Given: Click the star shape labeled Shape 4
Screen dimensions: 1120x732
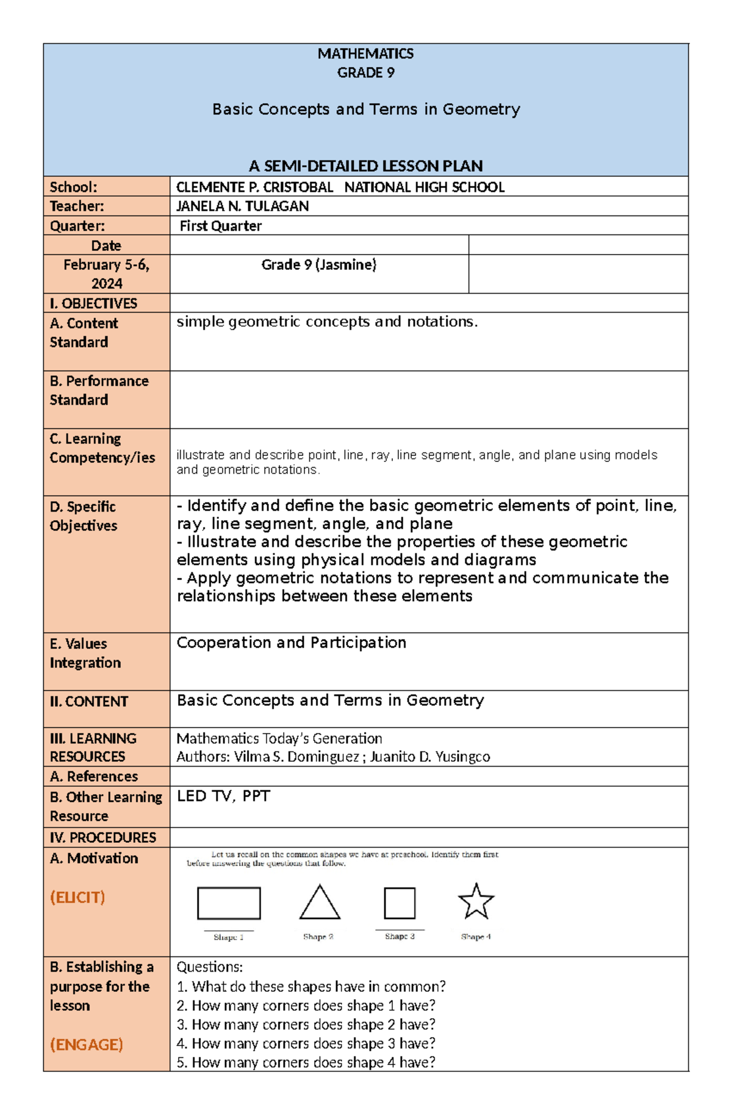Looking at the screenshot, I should (475, 901).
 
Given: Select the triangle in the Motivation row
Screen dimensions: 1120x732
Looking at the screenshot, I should (320, 904).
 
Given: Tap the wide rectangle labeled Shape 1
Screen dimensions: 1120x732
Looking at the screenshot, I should (229, 903).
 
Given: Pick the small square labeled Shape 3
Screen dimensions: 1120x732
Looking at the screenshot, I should (400, 903).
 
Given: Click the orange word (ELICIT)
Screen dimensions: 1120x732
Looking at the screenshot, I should (77, 897).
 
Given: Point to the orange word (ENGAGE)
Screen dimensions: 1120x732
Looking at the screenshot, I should (86, 1044).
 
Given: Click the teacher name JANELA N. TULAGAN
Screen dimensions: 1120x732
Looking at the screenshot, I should (242, 206).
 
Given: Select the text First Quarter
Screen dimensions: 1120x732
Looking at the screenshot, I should (220, 226).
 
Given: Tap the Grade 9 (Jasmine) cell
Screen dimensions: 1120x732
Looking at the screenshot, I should (318, 265).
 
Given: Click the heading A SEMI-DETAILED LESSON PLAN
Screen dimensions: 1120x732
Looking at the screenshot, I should (365, 166).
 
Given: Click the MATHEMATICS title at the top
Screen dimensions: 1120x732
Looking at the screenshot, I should (365, 54).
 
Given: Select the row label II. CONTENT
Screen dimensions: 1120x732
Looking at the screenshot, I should (89, 701).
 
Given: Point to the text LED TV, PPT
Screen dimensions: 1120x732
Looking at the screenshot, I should (223, 796).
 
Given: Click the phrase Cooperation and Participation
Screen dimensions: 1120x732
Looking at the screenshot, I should (291, 643).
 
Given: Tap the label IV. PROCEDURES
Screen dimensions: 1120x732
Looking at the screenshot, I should (102, 837).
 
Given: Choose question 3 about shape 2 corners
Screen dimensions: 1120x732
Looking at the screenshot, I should (306, 1024).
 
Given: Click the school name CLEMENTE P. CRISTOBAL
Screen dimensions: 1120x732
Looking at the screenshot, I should (254, 187).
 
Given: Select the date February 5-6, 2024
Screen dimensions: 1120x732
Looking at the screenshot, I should (106, 274).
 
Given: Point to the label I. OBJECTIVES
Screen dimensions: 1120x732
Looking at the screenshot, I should (93, 303).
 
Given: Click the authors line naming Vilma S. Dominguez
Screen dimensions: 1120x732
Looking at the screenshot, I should (332, 757).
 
